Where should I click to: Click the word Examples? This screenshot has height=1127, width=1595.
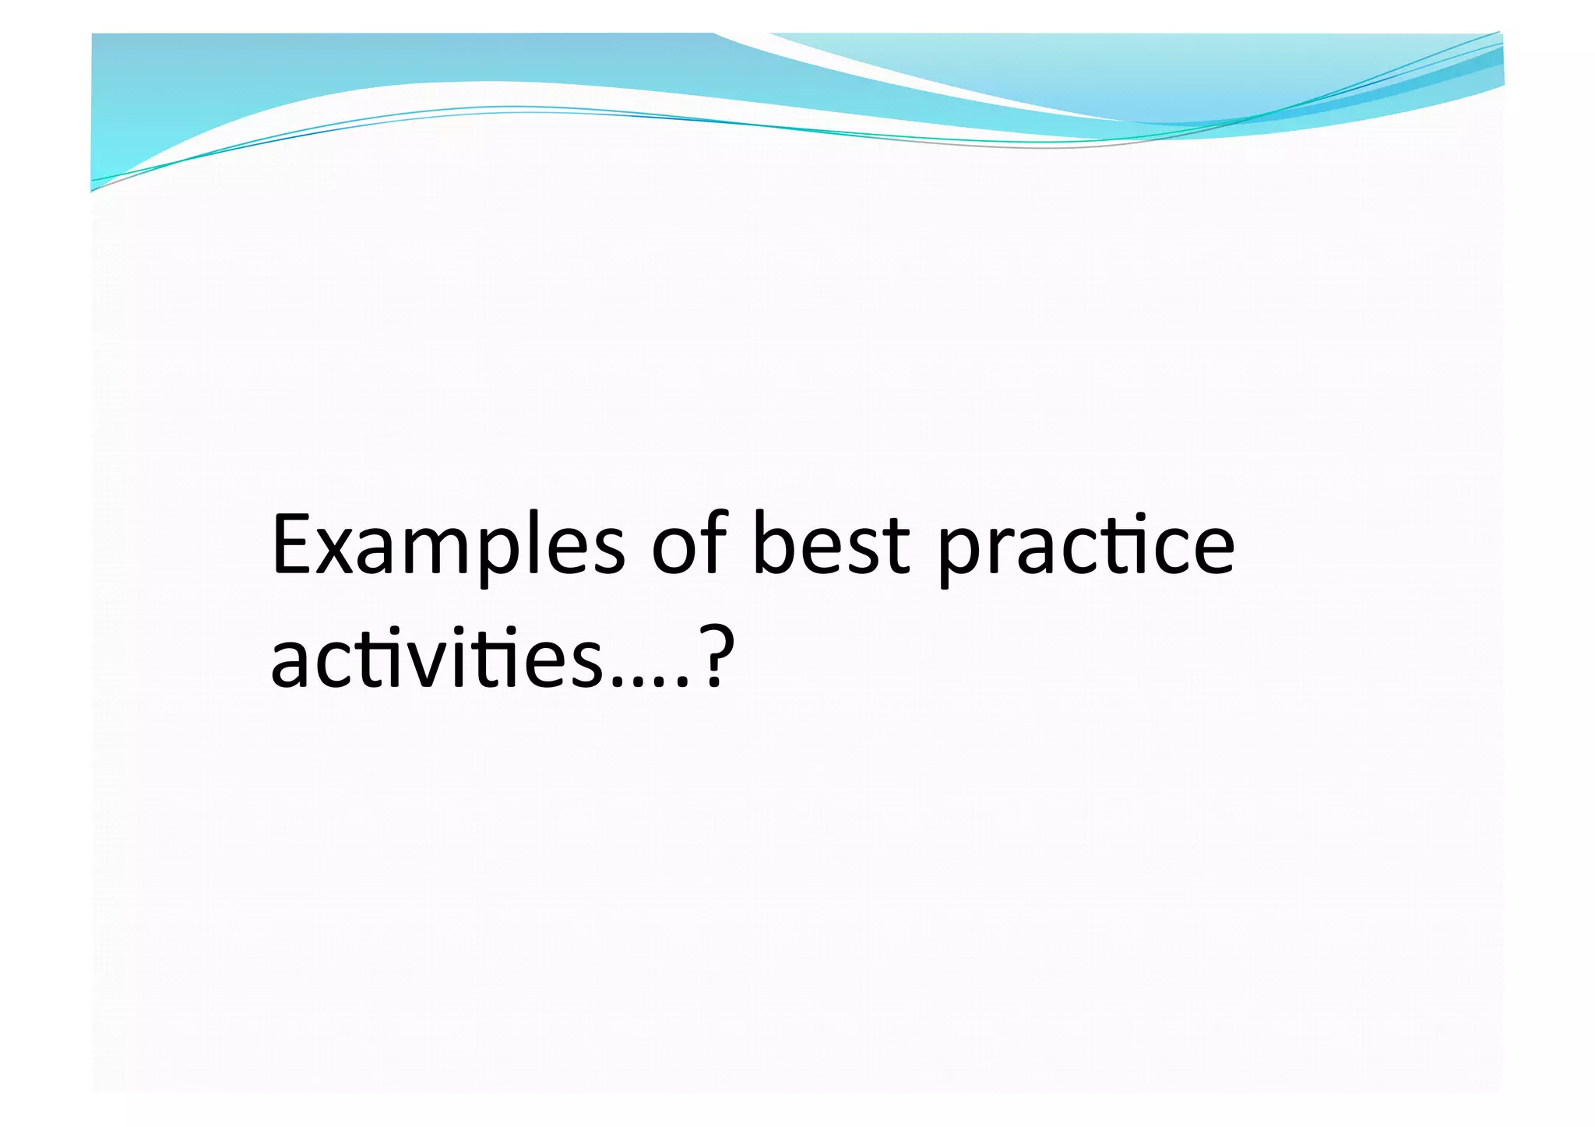point(448,545)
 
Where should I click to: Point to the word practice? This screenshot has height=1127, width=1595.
point(1086,545)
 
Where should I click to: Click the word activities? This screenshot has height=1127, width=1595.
point(436,658)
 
